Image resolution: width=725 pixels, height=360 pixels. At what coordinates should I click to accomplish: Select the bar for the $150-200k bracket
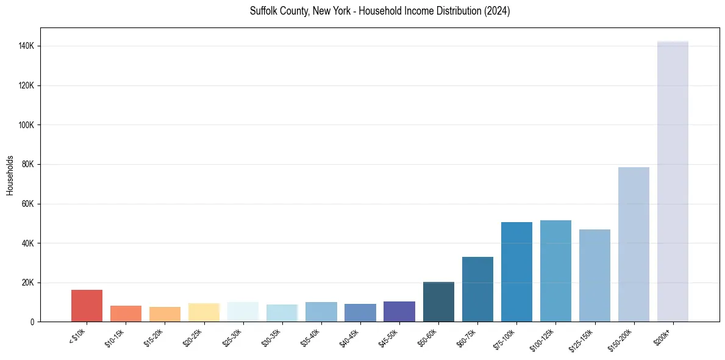(x=634, y=244)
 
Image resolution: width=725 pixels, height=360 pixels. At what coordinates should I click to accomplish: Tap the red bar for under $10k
(x=87, y=306)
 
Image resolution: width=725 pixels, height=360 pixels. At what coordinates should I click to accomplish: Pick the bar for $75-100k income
(x=516, y=272)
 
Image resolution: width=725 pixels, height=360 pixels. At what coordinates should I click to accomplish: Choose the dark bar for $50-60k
(x=438, y=301)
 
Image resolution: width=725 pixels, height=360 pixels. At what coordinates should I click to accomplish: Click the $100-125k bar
(x=555, y=271)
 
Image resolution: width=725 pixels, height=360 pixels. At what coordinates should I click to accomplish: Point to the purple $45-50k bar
(x=399, y=311)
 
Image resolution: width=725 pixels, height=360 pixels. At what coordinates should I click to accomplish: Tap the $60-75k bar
(x=477, y=289)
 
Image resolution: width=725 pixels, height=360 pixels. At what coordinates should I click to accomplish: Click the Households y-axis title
(x=10, y=175)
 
